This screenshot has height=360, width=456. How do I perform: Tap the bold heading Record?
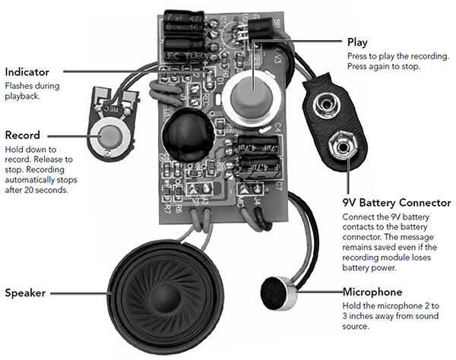[x=22, y=135]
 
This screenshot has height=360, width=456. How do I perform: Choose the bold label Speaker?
[x=26, y=292]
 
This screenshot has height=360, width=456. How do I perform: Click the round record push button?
[x=112, y=136]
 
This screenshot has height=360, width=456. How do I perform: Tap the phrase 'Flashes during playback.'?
[x=33, y=90]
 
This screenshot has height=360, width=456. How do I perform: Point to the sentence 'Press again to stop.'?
[x=384, y=67]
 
